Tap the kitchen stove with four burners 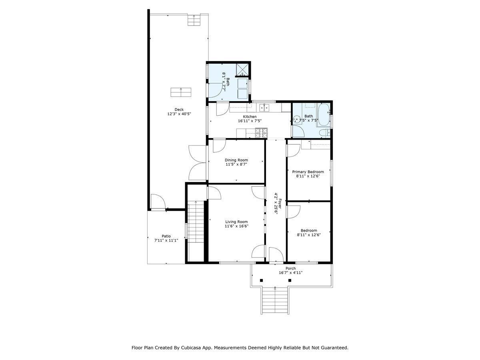pos(261,131)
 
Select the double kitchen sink pos(264,107)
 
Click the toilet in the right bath pos(324,132)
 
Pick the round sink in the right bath pos(296,119)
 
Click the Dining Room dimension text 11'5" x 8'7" pos(236,164)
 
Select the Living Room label pos(236,222)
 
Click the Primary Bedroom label pos(308,172)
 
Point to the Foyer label pos(280,202)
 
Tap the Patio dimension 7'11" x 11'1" pos(166,240)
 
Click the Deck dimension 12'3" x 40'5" pos(179,114)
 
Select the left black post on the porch pos(261,280)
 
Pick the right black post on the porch pos(290,280)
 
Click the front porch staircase pos(275,301)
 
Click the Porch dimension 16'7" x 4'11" pos(290,273)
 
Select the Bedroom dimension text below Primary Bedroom pos(308,235)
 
